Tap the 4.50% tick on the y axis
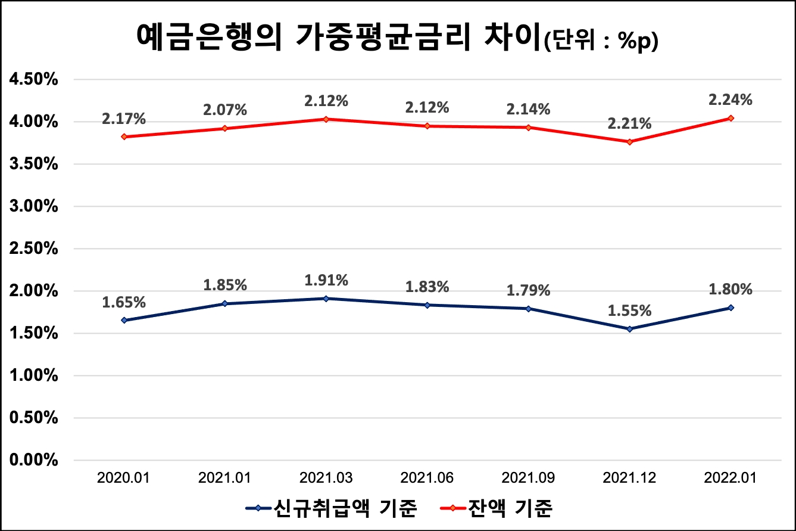click(32, 79)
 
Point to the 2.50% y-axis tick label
click(32, 249)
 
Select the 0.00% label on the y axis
click(32, 460)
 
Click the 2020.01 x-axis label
click(124, 478)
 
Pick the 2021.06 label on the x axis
click(427, 478)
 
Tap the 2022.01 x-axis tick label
click(731, 478)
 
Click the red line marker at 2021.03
click(326, 119)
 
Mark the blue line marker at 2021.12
click(629, 329)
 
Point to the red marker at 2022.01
click(731, 118)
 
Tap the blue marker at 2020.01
click(124, 320)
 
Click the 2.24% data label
click(731, 100)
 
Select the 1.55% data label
click(629, 310)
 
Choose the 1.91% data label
click(326, 280)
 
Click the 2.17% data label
click(124, 119)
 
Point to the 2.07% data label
click(224, 110)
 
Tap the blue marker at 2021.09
click(528, 309)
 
